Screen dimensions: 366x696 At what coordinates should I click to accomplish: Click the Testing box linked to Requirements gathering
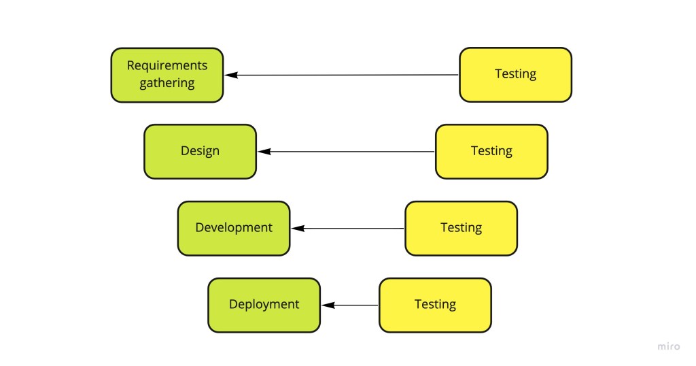click(x=515, y=75)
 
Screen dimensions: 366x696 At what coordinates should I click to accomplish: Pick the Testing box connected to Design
click(x=491, y=151)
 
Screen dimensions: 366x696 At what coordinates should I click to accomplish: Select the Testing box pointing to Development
click(x=461, y=228)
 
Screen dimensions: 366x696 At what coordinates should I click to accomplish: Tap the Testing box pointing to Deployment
click(x=434, y=305)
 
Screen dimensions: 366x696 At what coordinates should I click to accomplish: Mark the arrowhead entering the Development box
click(x=298, y=229)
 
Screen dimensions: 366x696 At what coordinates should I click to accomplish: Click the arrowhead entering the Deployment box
click(x=328, y=305)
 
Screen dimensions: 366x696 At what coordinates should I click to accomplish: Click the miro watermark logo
click(x=668, y=346)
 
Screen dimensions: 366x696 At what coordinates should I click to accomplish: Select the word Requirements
click(x=167, y=66)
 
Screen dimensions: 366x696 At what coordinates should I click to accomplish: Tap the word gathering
click(x=167, y=83)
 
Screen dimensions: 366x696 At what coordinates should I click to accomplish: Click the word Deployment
click(x=264, y=304)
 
